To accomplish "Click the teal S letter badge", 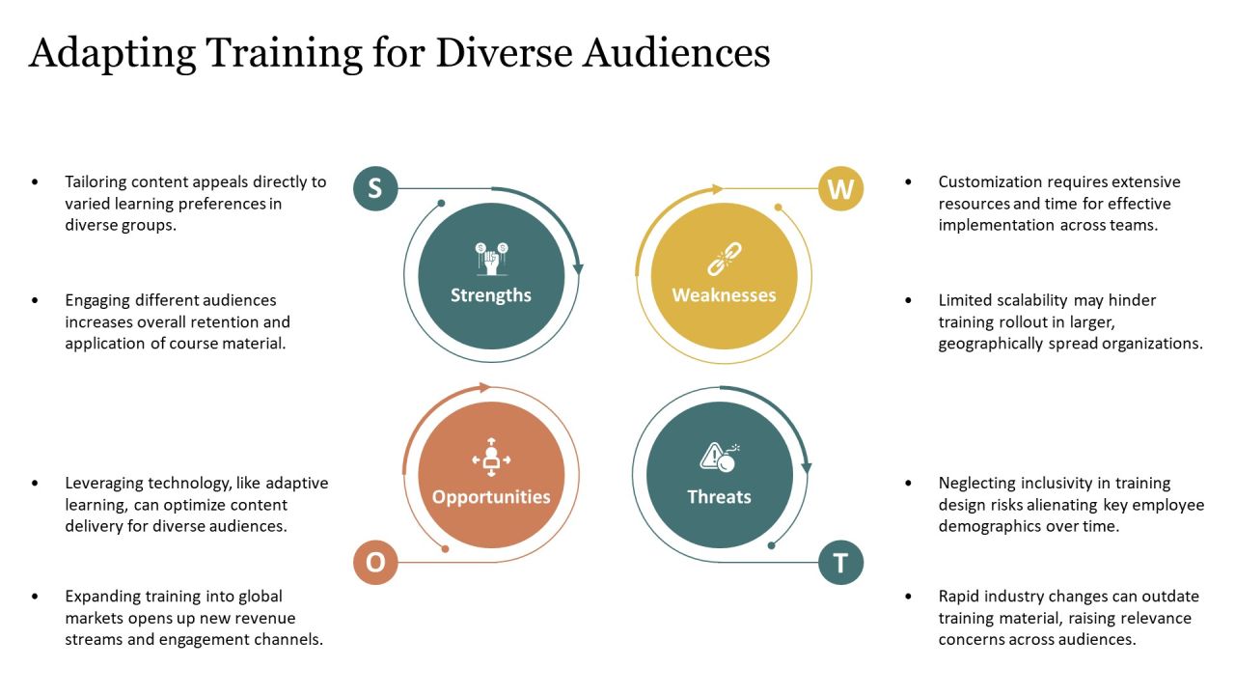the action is click(x=375, y=188).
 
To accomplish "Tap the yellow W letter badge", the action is click(x=840, y=188).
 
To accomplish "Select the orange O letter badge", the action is click(x=375, y=562).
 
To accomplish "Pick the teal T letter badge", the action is click(x=840, y=563).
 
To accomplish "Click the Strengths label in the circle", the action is click(x=491, y=295).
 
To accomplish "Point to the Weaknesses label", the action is click(x=724, y=295).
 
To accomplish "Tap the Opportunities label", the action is click(x=491, y=497).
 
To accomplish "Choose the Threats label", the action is click(x=719, y=497).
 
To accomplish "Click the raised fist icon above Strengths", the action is click(x=491, y=258).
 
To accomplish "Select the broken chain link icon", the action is click(x=725, y=259).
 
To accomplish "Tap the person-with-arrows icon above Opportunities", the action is click(x=491, y=458).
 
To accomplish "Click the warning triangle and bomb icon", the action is click(x=720, y=458).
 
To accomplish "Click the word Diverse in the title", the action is click(x=504, y=53).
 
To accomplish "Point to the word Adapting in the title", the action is click(x=112, y=55).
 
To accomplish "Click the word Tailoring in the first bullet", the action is click(x=96, y=182).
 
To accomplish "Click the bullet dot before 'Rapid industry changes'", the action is click(x=908, y=597).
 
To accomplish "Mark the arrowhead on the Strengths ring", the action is click(x=578, y=268).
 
